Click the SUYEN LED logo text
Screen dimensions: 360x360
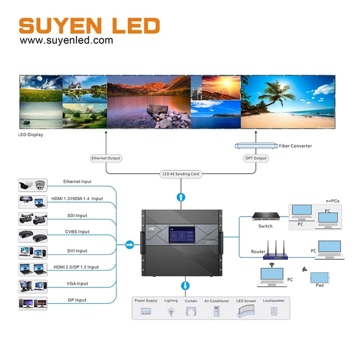[89, 25]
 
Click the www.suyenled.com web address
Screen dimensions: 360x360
[66, 40]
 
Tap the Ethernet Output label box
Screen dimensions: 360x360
[106, 158]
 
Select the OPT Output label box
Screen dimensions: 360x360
[256, 158]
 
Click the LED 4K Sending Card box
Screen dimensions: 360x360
[181, 174]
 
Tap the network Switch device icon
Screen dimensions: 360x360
[265, 216]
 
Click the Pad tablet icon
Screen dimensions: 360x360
[319, 277]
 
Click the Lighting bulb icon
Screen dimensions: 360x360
[171, 311]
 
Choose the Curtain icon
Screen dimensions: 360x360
[191, 310]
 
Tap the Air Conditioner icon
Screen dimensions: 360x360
[217, 311]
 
